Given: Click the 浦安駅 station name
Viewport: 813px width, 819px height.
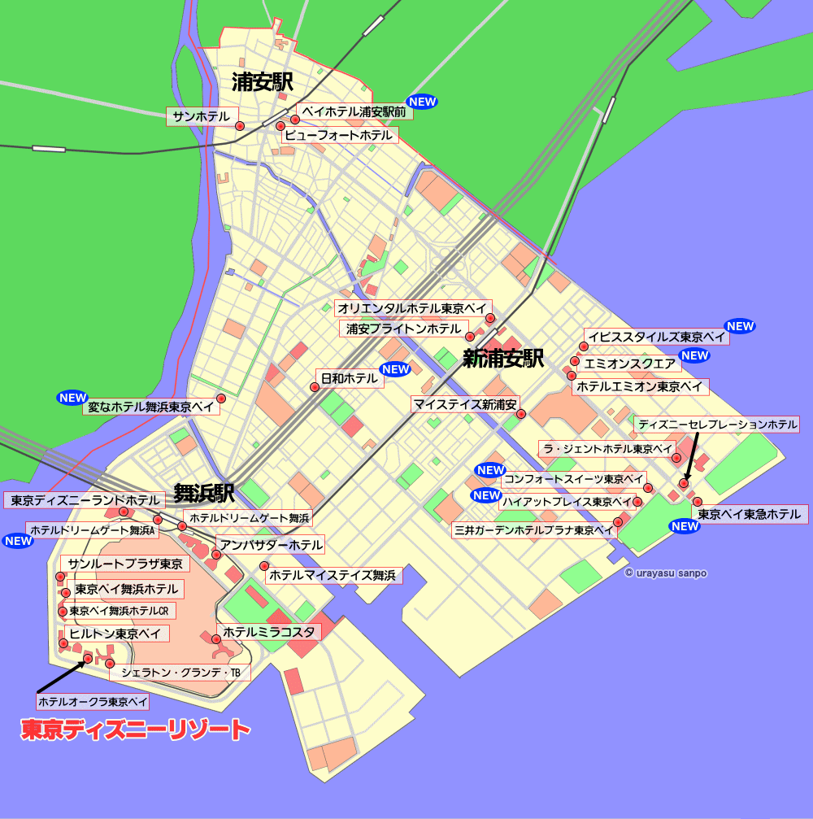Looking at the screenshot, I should (x=262, y=82).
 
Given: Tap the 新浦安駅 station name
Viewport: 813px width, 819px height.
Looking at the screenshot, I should (x=502, y=358).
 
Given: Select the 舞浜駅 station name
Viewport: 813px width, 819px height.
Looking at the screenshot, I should (x=204, y=493).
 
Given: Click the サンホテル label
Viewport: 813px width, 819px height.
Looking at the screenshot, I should (x=202, y=117).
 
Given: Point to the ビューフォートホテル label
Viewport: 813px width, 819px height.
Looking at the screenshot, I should (x=341, y=135).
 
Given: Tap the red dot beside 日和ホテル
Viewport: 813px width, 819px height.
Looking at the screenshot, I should (x=315, y=387).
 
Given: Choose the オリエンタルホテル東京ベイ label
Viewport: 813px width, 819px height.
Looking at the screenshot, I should (x=412, y=309).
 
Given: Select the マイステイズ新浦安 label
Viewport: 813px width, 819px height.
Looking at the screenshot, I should (x=465, y=404).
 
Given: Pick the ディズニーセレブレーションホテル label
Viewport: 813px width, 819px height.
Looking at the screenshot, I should (x=717, y=425).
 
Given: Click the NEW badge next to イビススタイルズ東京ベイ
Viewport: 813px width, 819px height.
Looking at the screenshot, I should (x=741, y=326).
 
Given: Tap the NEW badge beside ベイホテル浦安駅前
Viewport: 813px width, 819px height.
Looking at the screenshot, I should (x=423, y=102).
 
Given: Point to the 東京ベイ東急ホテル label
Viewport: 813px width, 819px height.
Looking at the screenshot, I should (x=750, y=514).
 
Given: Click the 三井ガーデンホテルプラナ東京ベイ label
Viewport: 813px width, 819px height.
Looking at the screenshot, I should (x=534, y=530).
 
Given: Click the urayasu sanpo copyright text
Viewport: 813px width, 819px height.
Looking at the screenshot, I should (x=666, y=573).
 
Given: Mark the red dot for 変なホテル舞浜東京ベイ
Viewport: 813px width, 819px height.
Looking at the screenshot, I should (x=220, y=399).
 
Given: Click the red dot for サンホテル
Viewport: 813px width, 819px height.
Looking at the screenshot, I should (x=240, y=126).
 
